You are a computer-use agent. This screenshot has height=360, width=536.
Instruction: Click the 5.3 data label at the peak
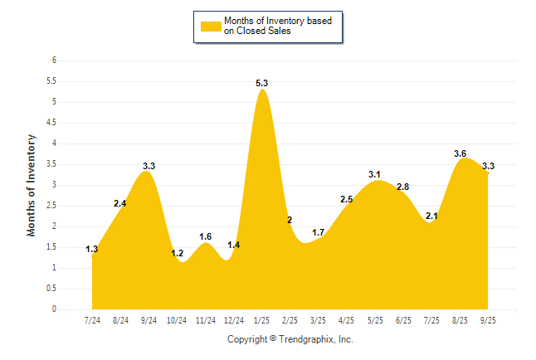pyautogui.click(x=262, y=83)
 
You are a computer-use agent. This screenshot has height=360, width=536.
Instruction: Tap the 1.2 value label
pyautogui.click(x=177, y=253)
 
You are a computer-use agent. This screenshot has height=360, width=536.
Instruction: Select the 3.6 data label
pyautogui.click(x=460, y=153)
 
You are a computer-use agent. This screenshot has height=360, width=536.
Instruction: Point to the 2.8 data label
pyautogui.click(x=403, y=187)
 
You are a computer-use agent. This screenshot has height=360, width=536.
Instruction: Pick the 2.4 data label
pyautogui.click(x=120, y=203)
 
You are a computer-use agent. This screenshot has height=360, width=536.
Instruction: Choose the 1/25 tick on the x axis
pyautogui.click(x=262, y=319)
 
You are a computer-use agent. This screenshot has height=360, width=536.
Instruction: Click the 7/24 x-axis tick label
pyautogui.click(x=92, y=319)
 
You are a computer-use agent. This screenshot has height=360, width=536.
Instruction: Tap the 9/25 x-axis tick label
pyautogui.click(x=489, y=319)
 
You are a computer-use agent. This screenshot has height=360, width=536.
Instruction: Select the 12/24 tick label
pyautogui.click(x=234, y=319)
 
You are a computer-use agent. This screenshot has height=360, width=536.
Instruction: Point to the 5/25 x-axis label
pyautogui.click(x=375, y=319)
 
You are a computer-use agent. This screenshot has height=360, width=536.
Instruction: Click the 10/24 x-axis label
pyautogui.click(x=178, y=319)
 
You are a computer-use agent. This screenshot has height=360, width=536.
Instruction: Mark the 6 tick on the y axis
pyautogui.click(x=53, y=61)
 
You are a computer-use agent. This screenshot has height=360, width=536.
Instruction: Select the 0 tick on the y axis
pyautogui.click(x=53, y=309)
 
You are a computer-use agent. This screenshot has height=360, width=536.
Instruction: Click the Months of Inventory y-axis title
pyautogui.click(x=32, y=185)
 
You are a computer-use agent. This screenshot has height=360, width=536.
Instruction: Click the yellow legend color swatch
pyautogui.click(x=210, y=26)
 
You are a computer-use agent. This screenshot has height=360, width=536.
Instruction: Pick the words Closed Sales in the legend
pyautogui.click(x=265, y=32)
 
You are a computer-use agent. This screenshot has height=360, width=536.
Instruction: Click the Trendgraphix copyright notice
pyautogui.click(x=290, y=339)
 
